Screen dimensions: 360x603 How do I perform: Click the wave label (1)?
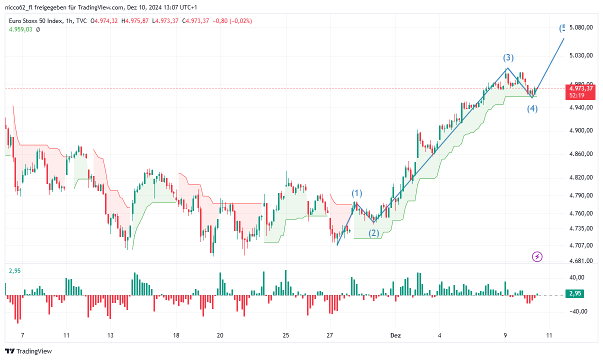coord(356,193)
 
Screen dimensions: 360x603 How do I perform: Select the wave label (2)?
coord(374,233)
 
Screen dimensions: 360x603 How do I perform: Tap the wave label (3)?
coord(508,57)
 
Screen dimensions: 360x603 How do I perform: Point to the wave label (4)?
coord(532,108)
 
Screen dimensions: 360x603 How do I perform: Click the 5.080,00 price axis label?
coord(580,27)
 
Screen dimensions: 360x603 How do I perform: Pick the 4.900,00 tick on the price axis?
coord(580,130)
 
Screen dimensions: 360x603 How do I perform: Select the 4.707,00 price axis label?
coord(580,245)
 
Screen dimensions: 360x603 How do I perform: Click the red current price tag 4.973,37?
coord(580,88)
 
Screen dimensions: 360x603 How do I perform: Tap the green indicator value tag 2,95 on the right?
coord(574,294)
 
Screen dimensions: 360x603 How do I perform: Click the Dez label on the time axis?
coord(395,335)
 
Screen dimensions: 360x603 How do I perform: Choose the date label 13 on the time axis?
coord(110,335)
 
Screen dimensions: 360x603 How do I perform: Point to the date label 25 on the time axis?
coord(285,335)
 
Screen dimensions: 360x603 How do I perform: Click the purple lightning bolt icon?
coord(537,257)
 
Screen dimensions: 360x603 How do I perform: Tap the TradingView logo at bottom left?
coord(28,351)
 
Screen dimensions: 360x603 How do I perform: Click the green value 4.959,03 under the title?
coord(20,29)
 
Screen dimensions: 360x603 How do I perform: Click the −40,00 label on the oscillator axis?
coord(579,311)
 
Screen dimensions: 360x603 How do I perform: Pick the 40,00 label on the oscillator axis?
coord(580,277)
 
